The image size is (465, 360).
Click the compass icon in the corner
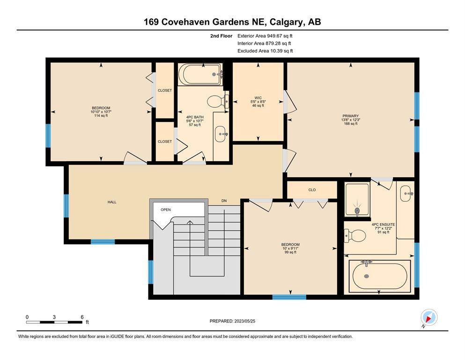[428, 317]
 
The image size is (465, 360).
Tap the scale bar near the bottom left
[54, 322]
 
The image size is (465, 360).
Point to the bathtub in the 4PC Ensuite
[380, 276]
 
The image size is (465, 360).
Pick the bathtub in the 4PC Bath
[200, 74]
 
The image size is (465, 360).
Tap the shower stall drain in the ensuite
[357, 211]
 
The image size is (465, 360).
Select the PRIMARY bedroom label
[351, 116]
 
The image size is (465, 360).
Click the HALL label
[112, 202]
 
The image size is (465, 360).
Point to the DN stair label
[224, 201]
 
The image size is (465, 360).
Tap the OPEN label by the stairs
[166, 210]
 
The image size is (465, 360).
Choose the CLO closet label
[312, 190]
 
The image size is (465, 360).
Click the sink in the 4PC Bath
[221, 134]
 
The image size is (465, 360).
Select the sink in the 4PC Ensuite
[406, 194]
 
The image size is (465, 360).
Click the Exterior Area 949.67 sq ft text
[265, 36]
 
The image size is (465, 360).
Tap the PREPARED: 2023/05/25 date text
[232, 321]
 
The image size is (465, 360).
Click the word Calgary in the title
[287, 22]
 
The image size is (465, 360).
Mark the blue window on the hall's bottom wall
[103, 241]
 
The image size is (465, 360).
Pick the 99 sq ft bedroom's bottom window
[289, 297]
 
